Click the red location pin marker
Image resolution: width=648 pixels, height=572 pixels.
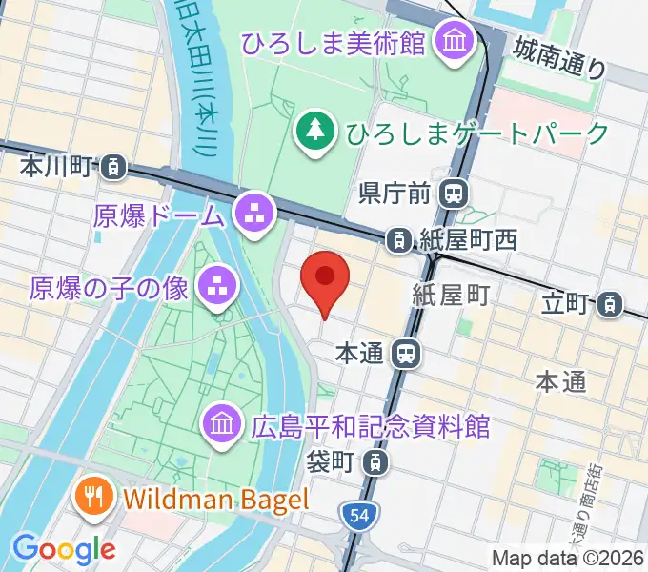pyautogui.click(x=325, y=279)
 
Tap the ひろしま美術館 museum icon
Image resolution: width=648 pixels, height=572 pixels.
pyautogui.click(x=449, y=40)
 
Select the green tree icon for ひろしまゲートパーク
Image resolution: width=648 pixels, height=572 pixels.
pyautogui.click(x=312, y=128)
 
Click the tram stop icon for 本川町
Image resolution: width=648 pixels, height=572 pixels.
pyautogui.click(x=113, y=168)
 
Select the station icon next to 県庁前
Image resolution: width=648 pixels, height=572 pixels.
pyautogui.click(x=454, y=194)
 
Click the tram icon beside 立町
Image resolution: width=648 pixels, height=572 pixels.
pyautogui.click(x=606, y=305)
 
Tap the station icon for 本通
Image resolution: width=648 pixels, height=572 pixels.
pyautogui.click(x=406, y=355)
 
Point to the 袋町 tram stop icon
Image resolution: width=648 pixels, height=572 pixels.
pyautogui.click(x=378, y=463)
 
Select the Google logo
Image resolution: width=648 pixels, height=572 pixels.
pyautogui.click(x=63, y=548)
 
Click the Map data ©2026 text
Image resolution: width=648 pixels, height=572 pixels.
pyautogui.click(x=569, y=558)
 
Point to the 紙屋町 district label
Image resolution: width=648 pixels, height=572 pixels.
pyautogui.click(x=450, y=296)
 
